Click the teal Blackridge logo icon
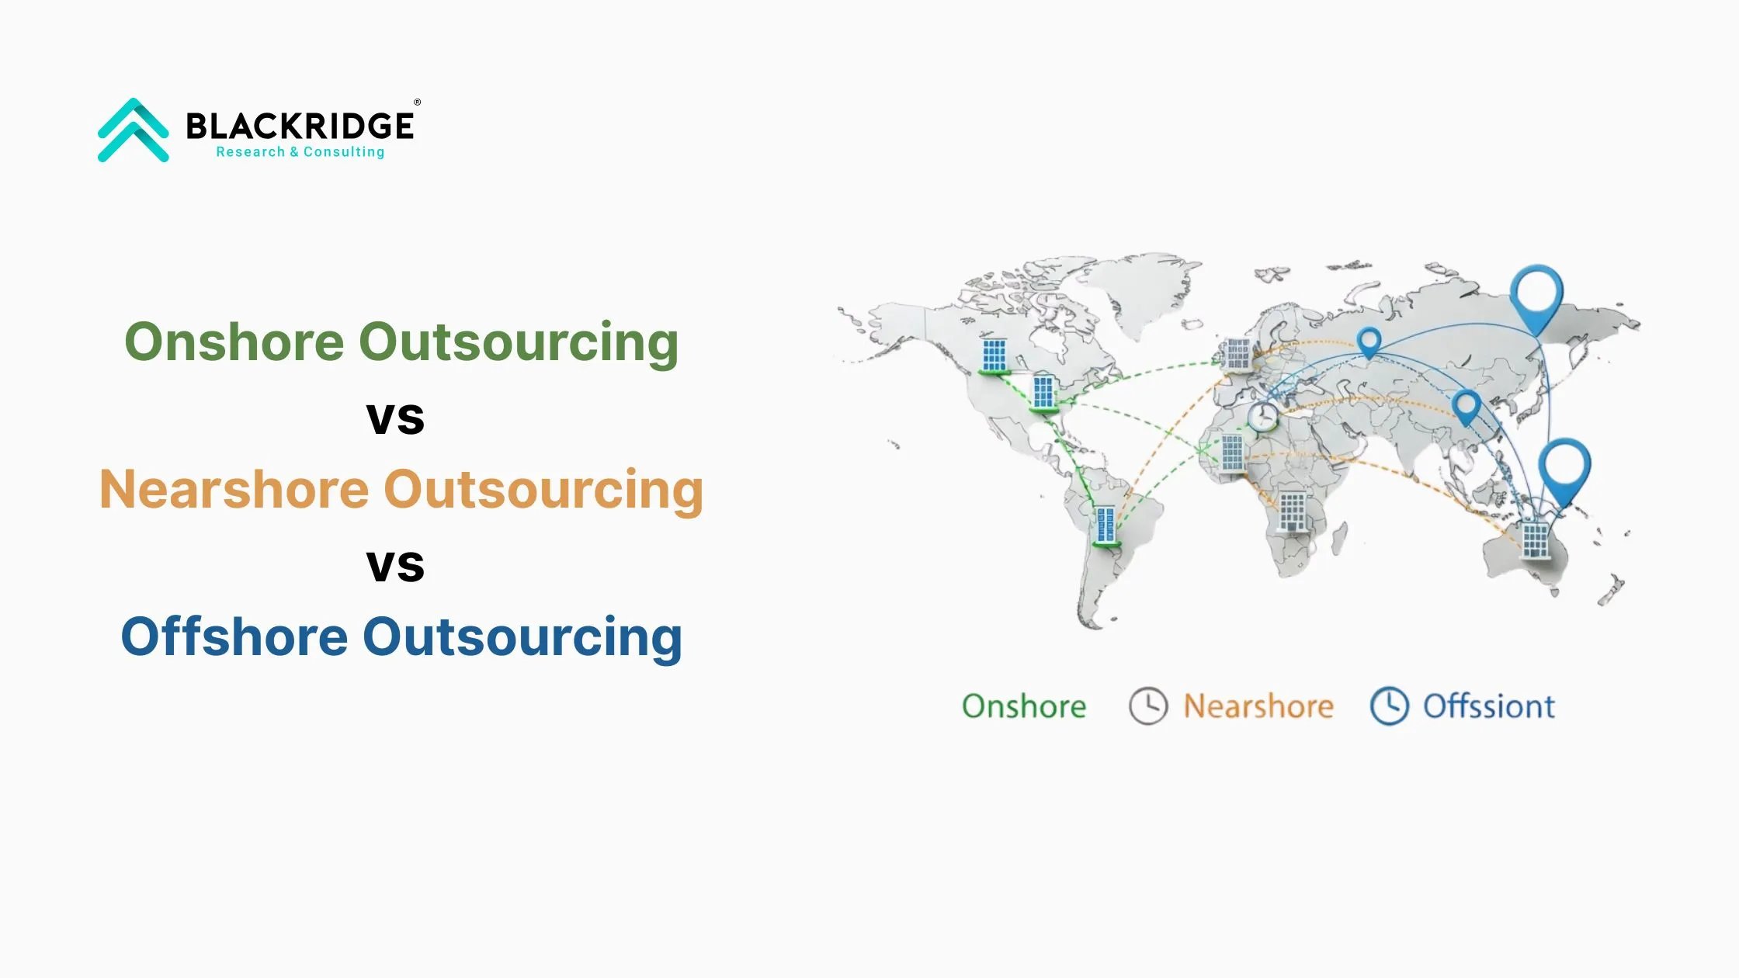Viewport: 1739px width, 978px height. coord(133,130)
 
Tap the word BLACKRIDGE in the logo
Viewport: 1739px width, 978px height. coord(300,126)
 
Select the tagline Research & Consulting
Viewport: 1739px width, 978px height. coord(300,152)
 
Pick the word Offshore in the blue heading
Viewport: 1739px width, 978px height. coord(234,636)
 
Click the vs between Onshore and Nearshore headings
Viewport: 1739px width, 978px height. coord(395,418)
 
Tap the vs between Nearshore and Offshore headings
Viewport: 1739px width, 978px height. coord(395,566)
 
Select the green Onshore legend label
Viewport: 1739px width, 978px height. coord(1024,706)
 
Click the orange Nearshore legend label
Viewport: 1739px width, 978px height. coord(1258,706)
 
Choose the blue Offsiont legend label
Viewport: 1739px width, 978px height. coord(1489,706)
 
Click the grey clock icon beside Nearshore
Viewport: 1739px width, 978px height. coord(1148,706)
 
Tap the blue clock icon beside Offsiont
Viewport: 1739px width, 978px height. coord(1390,706)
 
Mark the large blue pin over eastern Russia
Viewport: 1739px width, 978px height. coord(1536,294)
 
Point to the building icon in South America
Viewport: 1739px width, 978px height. coord(1105,526)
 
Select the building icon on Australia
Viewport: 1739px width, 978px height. coord(1535,539)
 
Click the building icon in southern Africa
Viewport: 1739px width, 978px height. coord(1293,512)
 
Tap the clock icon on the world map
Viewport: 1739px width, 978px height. coord(1263,416)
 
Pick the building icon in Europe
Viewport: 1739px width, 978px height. coord(1237,355)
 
